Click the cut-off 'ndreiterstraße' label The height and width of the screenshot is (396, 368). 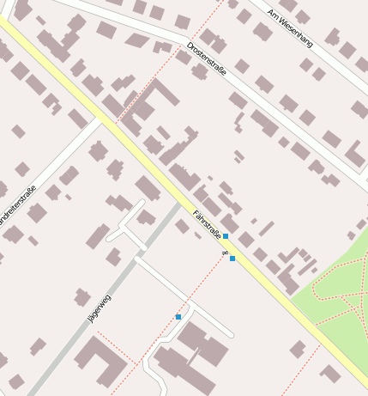click(x=17, y=207)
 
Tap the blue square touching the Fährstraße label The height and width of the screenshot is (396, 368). click(x=226, y=235)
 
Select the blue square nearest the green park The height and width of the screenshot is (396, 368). click(x=232, y=258)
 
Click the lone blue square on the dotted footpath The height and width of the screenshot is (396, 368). click(x=178, y=317)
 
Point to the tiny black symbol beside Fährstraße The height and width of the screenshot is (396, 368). click(x=224, y=253)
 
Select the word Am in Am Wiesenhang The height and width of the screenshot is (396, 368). click(x=274, y=15)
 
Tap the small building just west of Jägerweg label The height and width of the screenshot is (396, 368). click(x=82, y=297)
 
